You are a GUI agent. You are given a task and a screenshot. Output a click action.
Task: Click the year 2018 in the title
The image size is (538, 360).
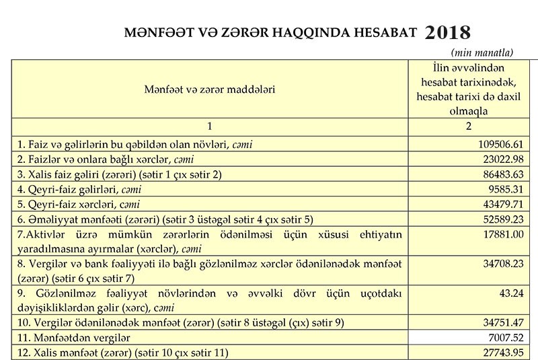(x=449, y=32)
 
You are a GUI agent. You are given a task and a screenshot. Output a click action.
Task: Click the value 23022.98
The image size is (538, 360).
(x=501, y=159)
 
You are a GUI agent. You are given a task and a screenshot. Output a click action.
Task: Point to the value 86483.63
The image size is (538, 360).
(x=501, y=174)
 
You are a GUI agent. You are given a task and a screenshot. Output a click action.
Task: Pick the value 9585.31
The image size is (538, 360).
(x=504, y=188)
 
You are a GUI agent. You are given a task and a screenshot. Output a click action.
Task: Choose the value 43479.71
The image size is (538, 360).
(x=501, y=203)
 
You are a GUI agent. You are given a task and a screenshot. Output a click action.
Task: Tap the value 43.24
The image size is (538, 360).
(x=512, y=294)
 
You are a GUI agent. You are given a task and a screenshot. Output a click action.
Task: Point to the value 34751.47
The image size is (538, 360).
(x=501, y=322)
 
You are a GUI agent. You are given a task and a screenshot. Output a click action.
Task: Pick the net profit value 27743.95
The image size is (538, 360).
(x=501, y=351)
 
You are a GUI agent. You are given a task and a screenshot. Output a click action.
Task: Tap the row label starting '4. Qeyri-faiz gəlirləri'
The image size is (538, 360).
(x=81, y=188)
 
